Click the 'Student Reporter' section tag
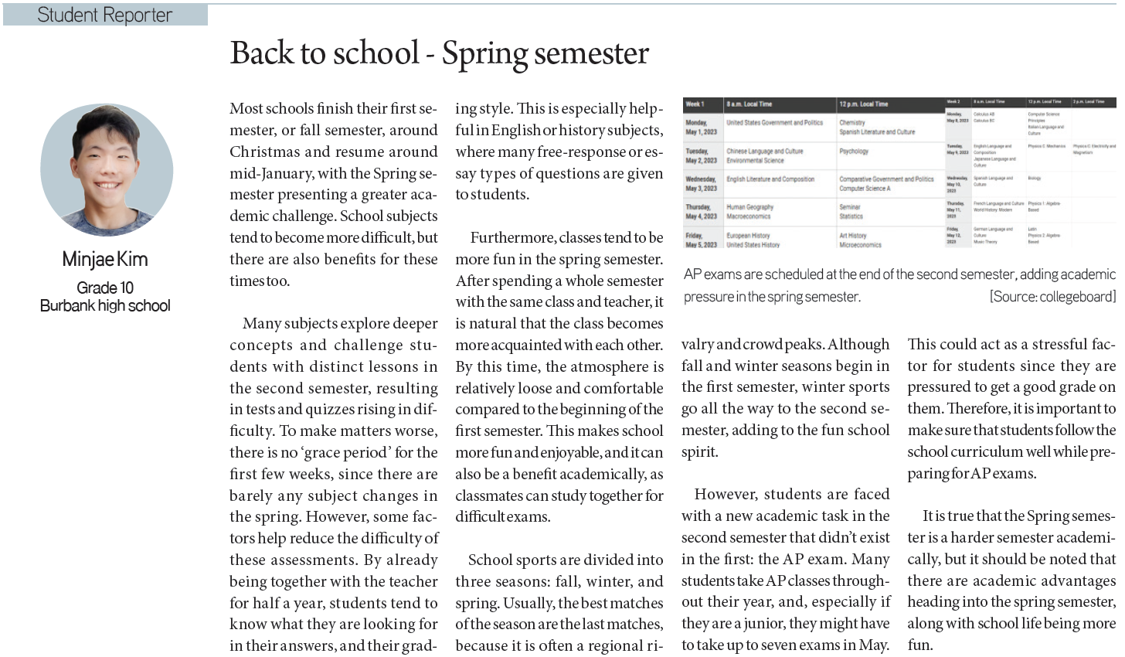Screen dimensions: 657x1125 104,15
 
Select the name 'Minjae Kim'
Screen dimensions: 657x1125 105,260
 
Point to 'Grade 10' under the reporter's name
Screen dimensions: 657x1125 105,288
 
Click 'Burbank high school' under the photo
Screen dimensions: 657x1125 105,305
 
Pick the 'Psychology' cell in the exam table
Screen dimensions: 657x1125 854,151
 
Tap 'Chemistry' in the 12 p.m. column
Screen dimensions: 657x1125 852,122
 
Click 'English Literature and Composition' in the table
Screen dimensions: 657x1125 770,179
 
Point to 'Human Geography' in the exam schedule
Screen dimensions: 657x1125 749,207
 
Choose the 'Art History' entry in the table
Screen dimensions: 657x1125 853,236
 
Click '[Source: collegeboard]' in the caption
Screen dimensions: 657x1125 1052,296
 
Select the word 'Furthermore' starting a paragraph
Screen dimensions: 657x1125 512,237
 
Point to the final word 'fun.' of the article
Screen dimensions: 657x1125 920,645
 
